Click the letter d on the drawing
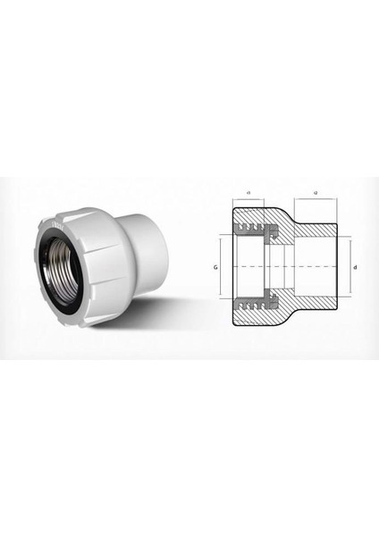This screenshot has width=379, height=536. [356, 267]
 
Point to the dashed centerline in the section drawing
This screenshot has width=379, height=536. [286, 267]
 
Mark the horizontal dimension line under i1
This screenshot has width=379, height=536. [247, 199]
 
